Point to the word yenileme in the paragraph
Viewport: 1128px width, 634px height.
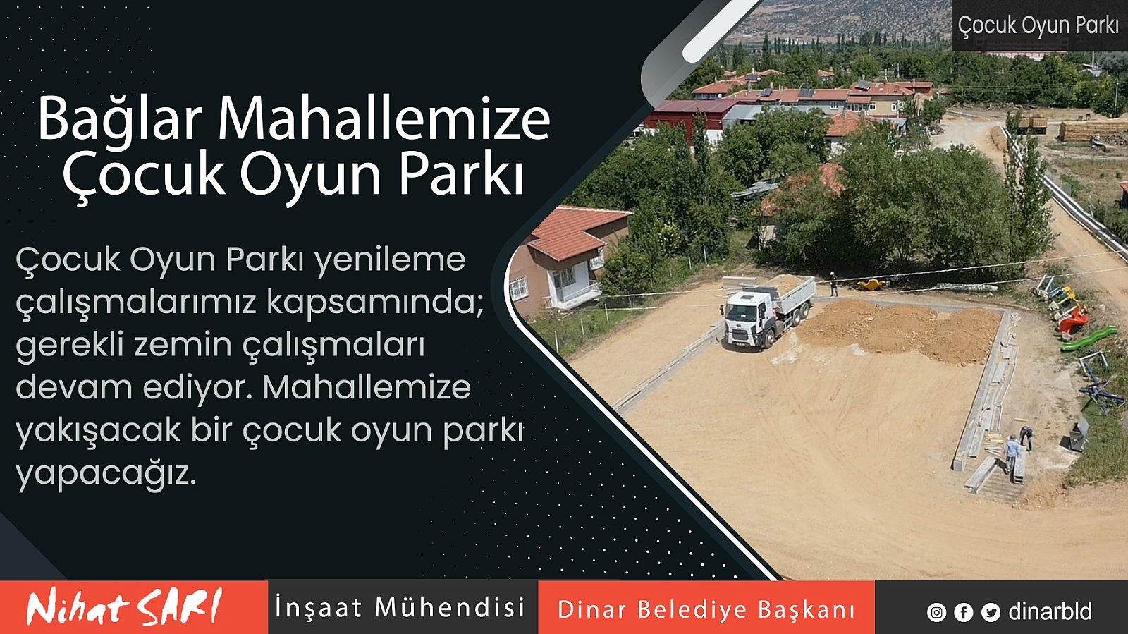pyautogui.click(x=391, y=261)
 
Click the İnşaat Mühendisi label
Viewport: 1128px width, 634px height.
pyautogui.click(x=400, y=606)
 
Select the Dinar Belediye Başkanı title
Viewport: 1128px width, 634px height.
pyautogui.click(x=706, y=609)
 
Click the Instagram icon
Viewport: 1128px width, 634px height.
pyautogui.click(x=936, y=612)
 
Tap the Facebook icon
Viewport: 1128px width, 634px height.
pyautogui.click(x=963, y=612)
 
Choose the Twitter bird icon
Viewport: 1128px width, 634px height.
pyautogui.click(x=991, y=612)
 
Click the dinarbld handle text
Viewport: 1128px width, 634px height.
pyautogui.click(x=1050, y=611)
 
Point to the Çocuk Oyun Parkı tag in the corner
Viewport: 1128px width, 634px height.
pyautogui.click(x=1038, y=25)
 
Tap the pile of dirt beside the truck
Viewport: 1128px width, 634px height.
pyautogui.click(x=902, y=330)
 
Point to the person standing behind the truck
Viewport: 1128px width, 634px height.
pyautogui.click(x=834, y=284)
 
